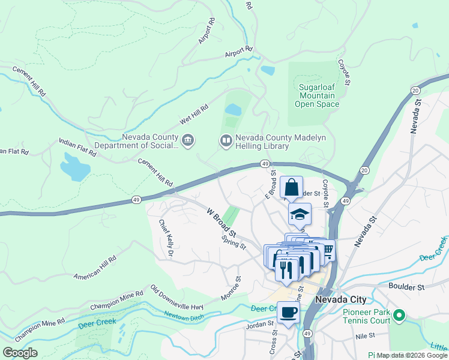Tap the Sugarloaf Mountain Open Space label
tap(317, 95)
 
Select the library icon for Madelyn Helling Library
tap(226, 141)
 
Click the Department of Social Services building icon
tap(187, 141)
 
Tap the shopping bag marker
tap(291, 187)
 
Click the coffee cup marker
tap(288, 313)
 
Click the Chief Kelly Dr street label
tap(166, 239)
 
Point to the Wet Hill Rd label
tap(193, 113)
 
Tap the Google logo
tap(20, 353)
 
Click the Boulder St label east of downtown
tap(406, 287)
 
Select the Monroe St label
tap(230, 287)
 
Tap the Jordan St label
tap(259, 326)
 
